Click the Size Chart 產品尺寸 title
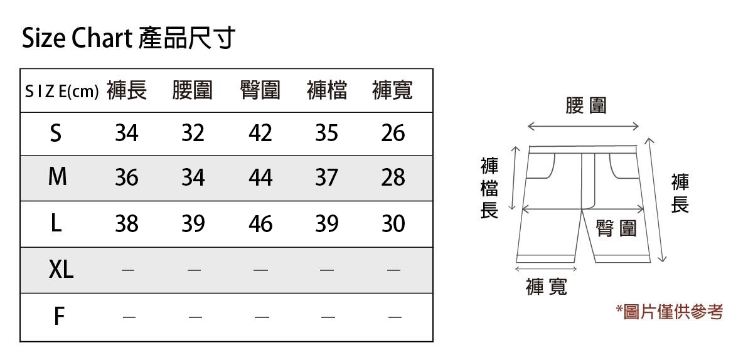point(129,39)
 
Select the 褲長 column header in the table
point(127,91)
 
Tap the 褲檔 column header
point(327,91)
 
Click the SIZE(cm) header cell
point(61,92)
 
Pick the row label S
point(56,134)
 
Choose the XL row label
point(61,270)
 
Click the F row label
point(58,317)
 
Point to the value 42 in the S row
point(260,134)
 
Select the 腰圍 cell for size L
point(193,224)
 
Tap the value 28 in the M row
point(393,179)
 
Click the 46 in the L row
point(260,224)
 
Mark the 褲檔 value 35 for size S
point(326,134)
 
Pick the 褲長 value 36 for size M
point(127,179)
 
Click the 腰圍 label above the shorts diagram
point(586,105)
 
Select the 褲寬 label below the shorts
point(547,287)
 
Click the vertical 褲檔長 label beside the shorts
point(489,188)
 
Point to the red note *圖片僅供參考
point(670,312)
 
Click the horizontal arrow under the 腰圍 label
point(583,127)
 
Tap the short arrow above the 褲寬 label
point(546,268)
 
